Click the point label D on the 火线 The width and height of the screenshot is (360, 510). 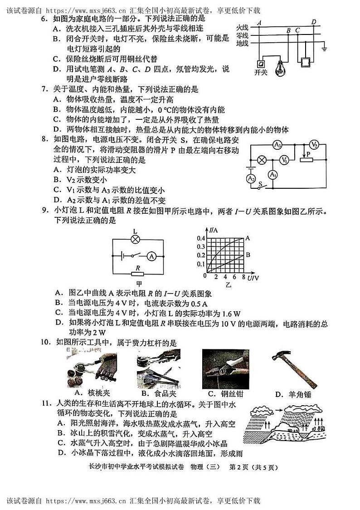(314, 22)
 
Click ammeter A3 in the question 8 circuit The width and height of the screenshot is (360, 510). (278, 145)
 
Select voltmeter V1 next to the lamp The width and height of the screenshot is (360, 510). (284, 160)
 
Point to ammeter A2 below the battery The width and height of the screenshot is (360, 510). (252, 179)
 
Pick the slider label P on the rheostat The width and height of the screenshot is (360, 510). (308, 155)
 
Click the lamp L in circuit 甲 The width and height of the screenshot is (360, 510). (135, 239)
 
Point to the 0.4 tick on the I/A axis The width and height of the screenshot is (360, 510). (200, 238)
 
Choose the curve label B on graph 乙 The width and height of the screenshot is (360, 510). (248, 255)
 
